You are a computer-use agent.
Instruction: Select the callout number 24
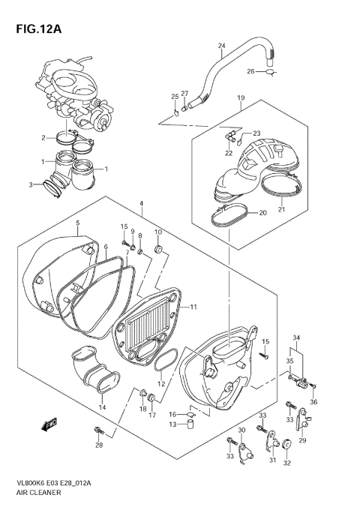(x=221, y=46)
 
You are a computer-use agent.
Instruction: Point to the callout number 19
(x=241, y=98)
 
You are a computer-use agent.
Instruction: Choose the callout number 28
(x=99, y=445)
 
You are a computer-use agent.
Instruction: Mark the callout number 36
(x=313, y=403)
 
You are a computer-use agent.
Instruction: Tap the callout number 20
(x=262, y=212)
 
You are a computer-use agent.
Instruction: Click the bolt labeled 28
(x=98, y=430)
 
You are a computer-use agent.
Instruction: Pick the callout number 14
(x=102, y=407)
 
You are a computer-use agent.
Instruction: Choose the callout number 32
(x=287, y=463)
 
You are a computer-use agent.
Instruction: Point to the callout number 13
(x=172, y=424)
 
